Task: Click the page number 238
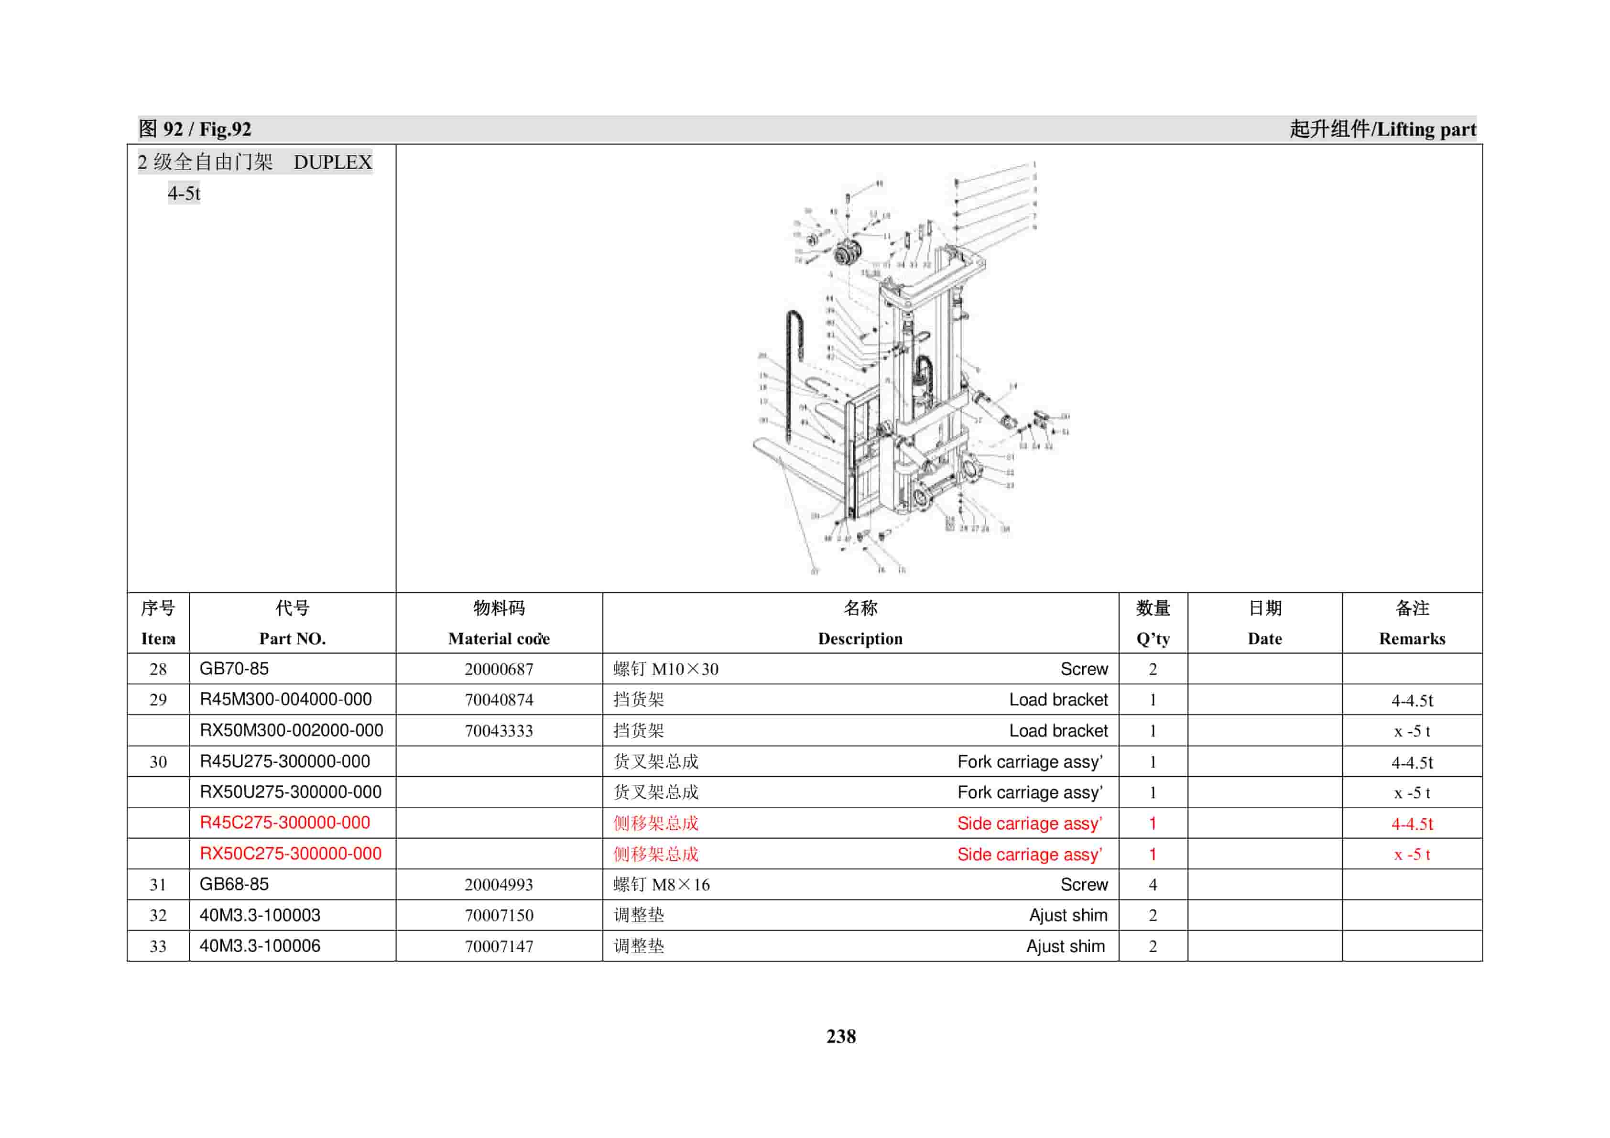pos(841,1036)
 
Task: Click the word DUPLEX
pos(332,162)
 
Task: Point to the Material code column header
pos(499,638)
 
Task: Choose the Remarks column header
pos(1412,638)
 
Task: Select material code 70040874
pos(499,700)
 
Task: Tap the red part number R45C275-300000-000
pos(285,823)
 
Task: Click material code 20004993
pos(499,884)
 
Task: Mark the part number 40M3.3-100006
pos(260,946)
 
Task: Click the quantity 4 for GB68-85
pos(1152,884)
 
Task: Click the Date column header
pos(1264,638)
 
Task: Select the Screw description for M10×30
pos(1083,669)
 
